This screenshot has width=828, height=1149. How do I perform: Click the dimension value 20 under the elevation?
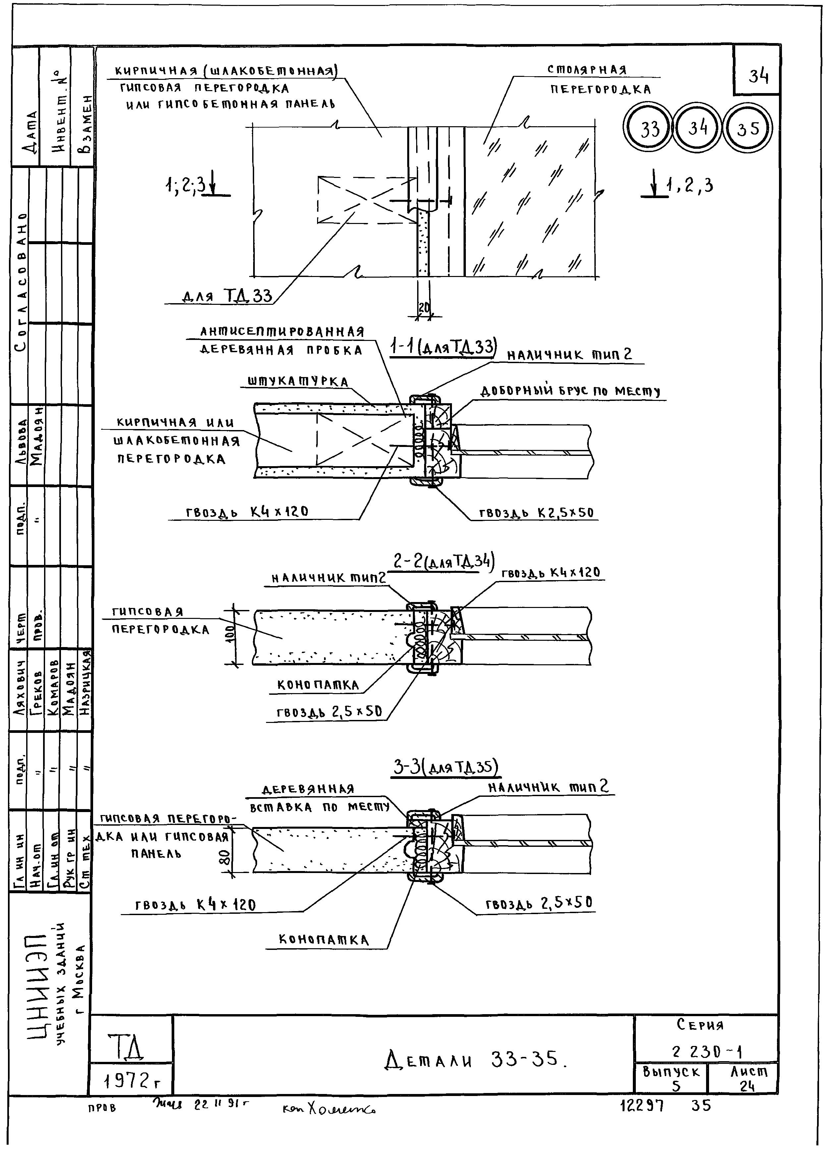424,307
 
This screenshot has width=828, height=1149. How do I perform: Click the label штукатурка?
298,381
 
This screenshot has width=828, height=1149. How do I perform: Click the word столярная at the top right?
587,70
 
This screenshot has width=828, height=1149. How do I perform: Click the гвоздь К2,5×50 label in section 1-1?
536,512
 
